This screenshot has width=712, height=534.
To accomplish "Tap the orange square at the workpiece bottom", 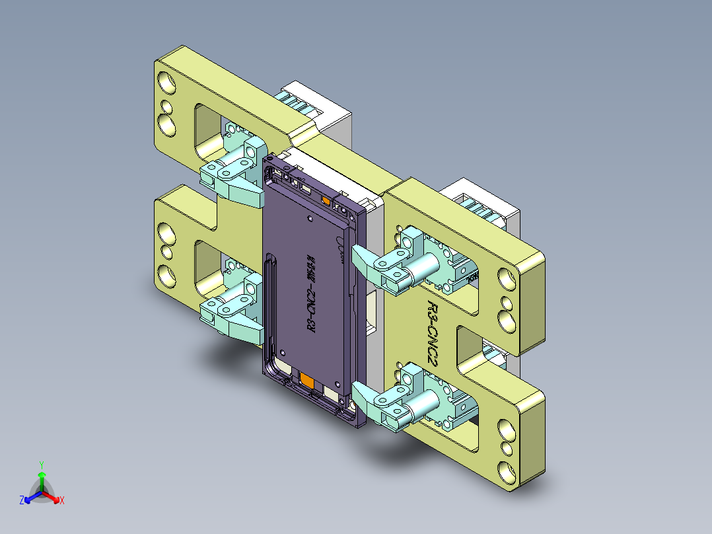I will tap(307, 380).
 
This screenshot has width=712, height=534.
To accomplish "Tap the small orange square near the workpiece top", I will tap(325, 200).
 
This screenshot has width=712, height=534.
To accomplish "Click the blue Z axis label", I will tap(22, 501).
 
